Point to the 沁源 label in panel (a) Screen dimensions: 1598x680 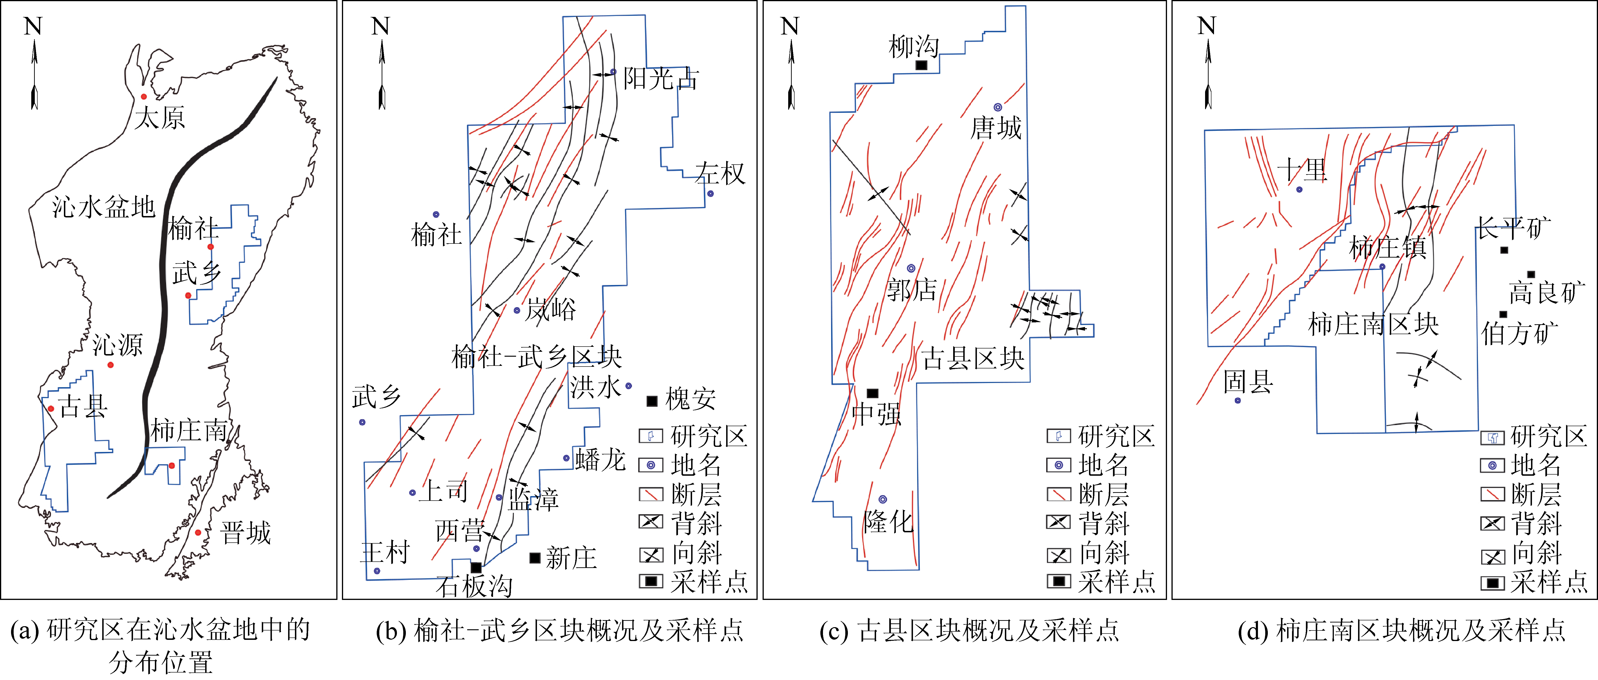[118, 345]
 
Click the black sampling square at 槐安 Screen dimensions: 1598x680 [652, 401]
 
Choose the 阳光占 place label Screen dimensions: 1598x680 [661, 79]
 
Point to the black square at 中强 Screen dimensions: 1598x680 [872, 393]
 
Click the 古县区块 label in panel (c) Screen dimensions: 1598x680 [973, 358]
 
